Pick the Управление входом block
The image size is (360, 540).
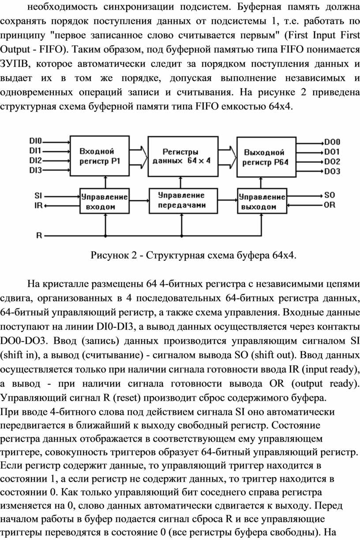click(x=104, y=201)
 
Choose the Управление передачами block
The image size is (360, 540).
click(x=181, y=201)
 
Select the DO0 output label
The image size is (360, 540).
click(x=332, y=142)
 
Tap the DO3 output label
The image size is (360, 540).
click(x=332, y=171)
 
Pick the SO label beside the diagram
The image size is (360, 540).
click(x=330, y=195)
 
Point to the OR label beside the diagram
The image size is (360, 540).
click(x=330, y=205)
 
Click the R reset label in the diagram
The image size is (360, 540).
click(x=39, y=235)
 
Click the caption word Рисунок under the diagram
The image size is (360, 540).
click(x=108, y=255)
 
